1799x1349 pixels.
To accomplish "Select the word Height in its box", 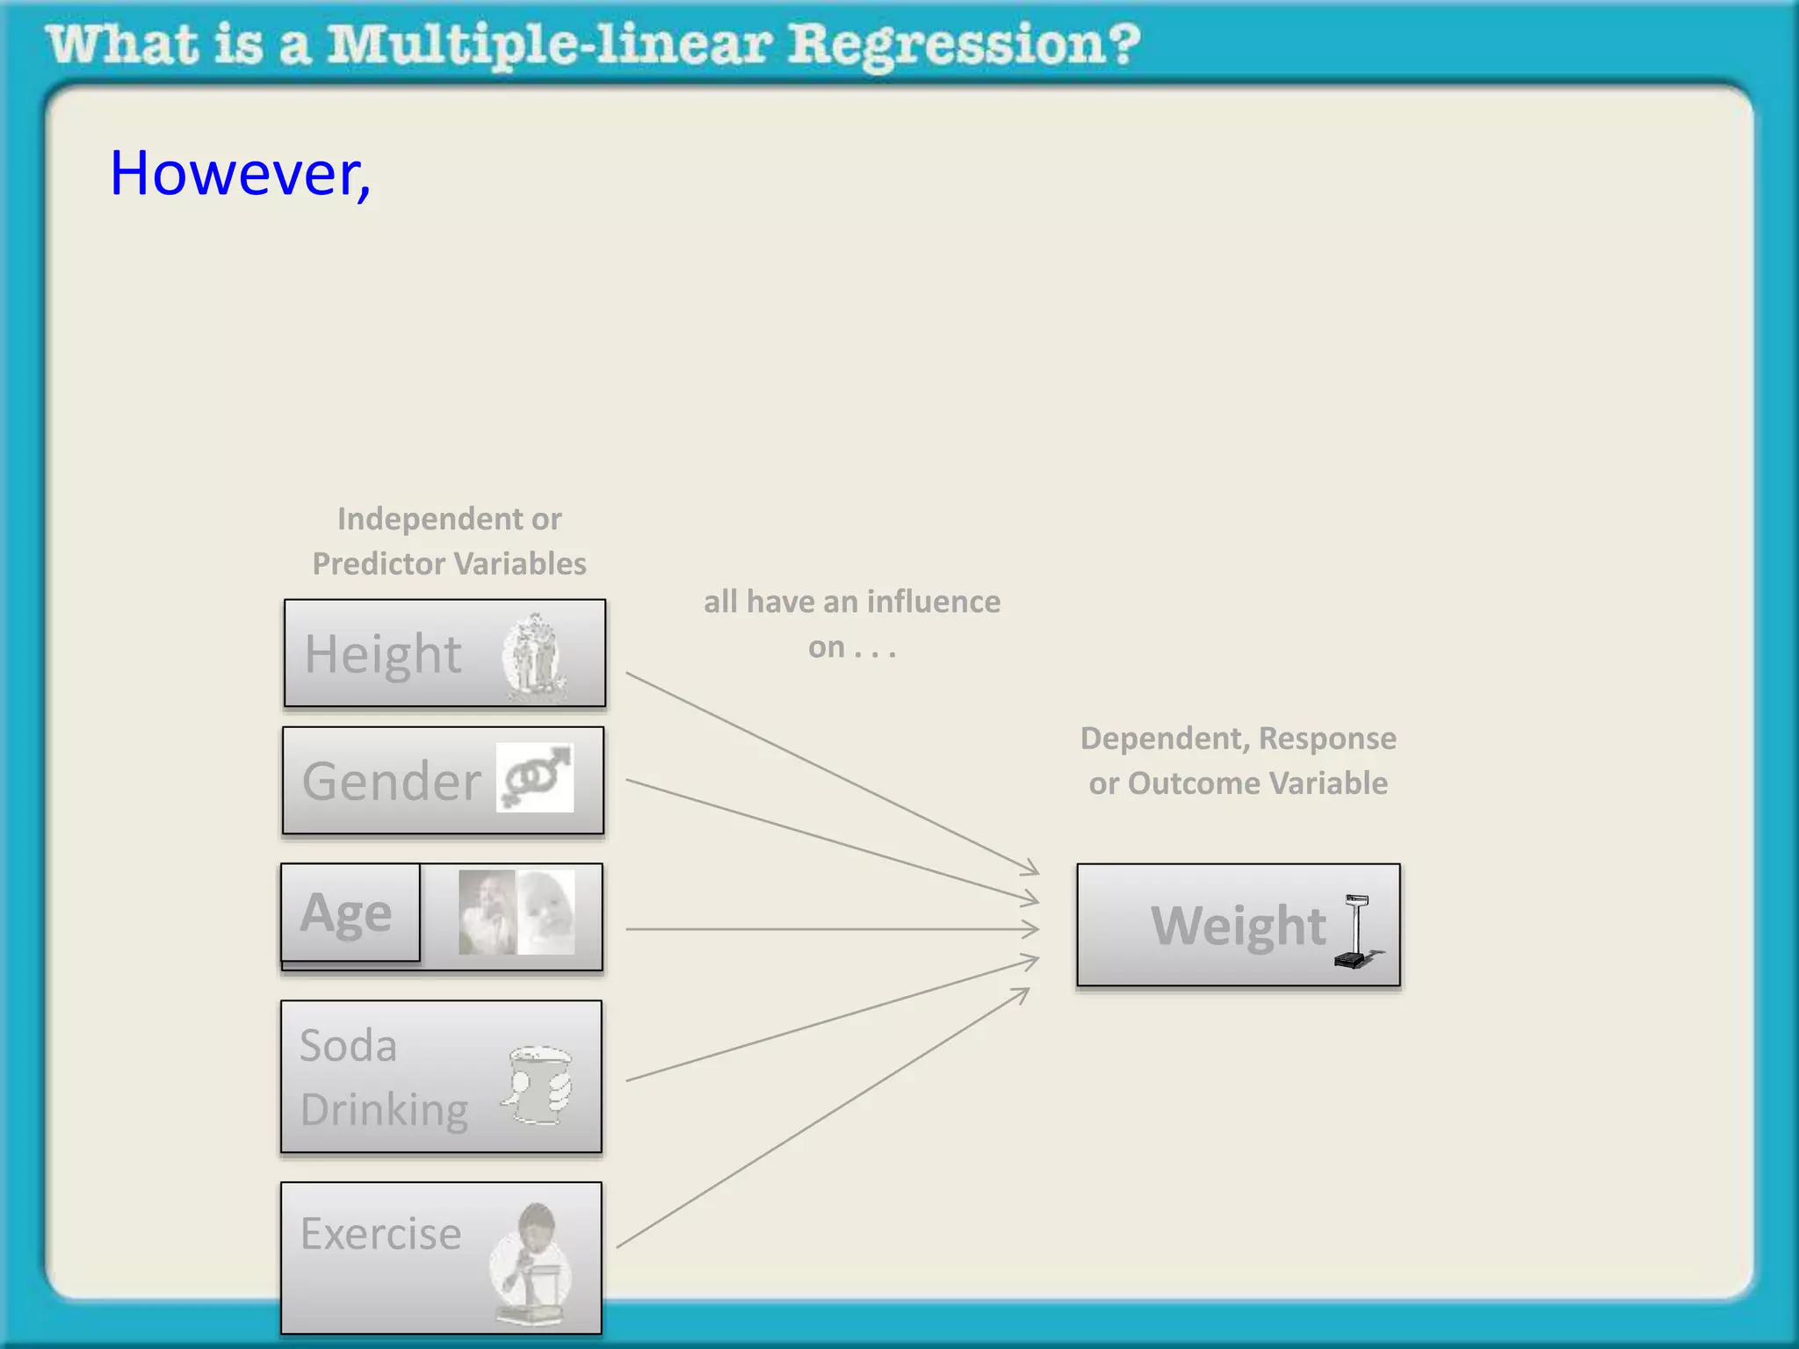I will [x=382, y=654].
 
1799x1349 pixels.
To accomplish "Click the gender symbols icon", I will [x=535, y=777].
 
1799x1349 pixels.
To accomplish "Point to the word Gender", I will [x=392, y=782].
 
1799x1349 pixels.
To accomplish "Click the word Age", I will [x=346, y=913].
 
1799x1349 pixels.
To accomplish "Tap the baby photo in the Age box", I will [x=546, y=912].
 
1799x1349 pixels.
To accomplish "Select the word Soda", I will [x=348, y=1046].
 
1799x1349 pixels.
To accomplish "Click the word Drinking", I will [x=384, y=1110].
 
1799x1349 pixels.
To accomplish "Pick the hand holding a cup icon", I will [x=538, y=1085].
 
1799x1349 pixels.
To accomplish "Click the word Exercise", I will [x=380, y=1234].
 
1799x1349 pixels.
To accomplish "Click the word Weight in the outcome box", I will [x=1238, y=926].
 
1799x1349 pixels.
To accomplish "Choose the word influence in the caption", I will [x=933, y=602].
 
